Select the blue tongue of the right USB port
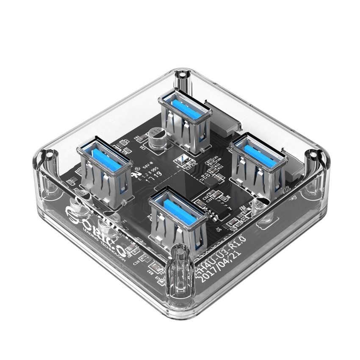coord(254,148)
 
